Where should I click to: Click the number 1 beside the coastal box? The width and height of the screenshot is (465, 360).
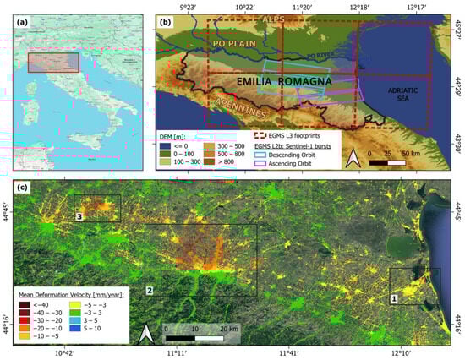393,298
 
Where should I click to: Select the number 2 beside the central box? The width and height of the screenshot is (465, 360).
150,291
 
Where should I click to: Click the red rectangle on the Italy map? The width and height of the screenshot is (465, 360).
53,63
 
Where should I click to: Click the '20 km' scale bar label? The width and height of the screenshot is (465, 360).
228,327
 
